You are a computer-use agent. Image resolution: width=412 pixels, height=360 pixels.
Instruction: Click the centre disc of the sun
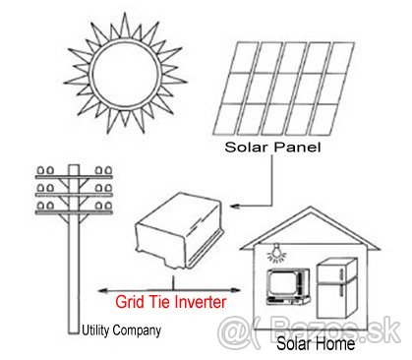[x=126, y=74]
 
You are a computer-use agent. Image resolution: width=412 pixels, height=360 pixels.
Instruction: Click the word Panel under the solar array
[x=297, y=147]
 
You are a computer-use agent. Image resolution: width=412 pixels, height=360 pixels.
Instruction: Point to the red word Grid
[x=130, y=302]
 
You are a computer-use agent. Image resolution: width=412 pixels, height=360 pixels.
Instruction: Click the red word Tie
[x=159, y=302]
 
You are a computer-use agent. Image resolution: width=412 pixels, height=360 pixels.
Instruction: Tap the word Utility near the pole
[x=95, y=330]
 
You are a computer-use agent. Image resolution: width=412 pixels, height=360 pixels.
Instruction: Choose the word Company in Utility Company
[x=137, y=330]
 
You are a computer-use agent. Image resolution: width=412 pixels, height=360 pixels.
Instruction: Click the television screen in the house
[x=282, y=282]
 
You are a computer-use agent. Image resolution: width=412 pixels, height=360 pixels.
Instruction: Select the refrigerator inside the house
[x=337, y=288]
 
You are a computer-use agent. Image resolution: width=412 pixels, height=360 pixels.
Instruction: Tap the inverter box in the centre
[x=179, y=230]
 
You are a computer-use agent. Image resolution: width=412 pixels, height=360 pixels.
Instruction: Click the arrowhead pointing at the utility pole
[x=103, y=290]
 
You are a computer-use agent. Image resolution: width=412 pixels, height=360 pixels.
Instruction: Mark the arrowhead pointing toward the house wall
[x=236, y=290]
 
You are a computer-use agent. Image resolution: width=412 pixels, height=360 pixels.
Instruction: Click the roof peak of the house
[x=311, y=208]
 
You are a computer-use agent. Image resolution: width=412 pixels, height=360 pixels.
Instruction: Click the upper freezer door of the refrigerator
[x=335, y=270]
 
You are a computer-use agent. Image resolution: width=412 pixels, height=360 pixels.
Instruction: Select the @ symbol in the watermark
[x=233, y=331]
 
